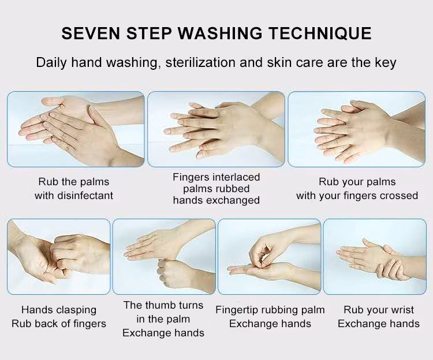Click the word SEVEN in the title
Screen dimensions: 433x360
point(91,33)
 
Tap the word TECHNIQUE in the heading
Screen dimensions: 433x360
point(320,33)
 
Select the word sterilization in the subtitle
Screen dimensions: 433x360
point(200,62)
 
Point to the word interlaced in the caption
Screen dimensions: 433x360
point(236,177)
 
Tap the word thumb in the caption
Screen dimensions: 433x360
point(160,305)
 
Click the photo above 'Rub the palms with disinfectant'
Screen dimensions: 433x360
point(76,129)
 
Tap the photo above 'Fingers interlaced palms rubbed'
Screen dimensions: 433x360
point(216,129)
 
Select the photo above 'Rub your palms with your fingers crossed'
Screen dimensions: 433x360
point(357,129)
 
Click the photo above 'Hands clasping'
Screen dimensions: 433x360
point(58,257)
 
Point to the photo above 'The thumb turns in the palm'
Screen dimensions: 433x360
point(164,257)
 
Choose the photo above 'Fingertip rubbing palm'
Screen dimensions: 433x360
point(269,257)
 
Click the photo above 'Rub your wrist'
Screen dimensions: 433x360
point(375,257)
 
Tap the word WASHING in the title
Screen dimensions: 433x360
point(220,33)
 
